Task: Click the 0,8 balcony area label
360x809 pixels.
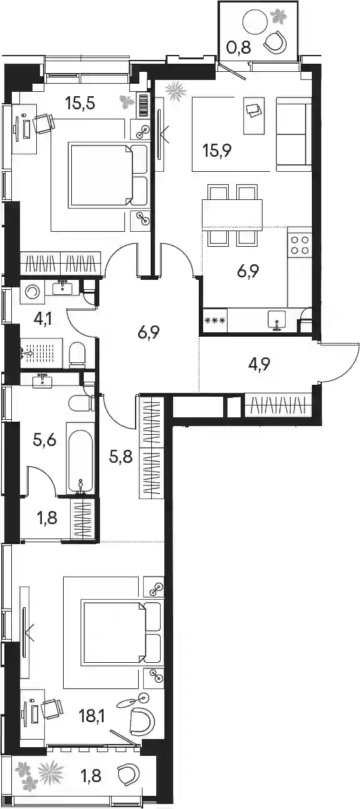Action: coord(239,47)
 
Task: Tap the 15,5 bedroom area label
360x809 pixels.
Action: coord(80,103)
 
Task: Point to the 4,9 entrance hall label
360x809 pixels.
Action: coord(259,364)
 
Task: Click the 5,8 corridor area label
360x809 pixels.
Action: coord(121,457)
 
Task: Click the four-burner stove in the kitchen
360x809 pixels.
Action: coord(299,245)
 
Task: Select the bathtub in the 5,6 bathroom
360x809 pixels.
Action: coord(80,458)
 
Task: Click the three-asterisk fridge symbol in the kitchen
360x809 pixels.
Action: coord(215,320)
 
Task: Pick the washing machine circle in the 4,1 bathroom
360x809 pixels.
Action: coord(32,291)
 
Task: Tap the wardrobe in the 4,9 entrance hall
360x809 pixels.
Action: coord(278,406)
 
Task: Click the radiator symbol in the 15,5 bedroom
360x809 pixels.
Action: coord(144,106)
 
